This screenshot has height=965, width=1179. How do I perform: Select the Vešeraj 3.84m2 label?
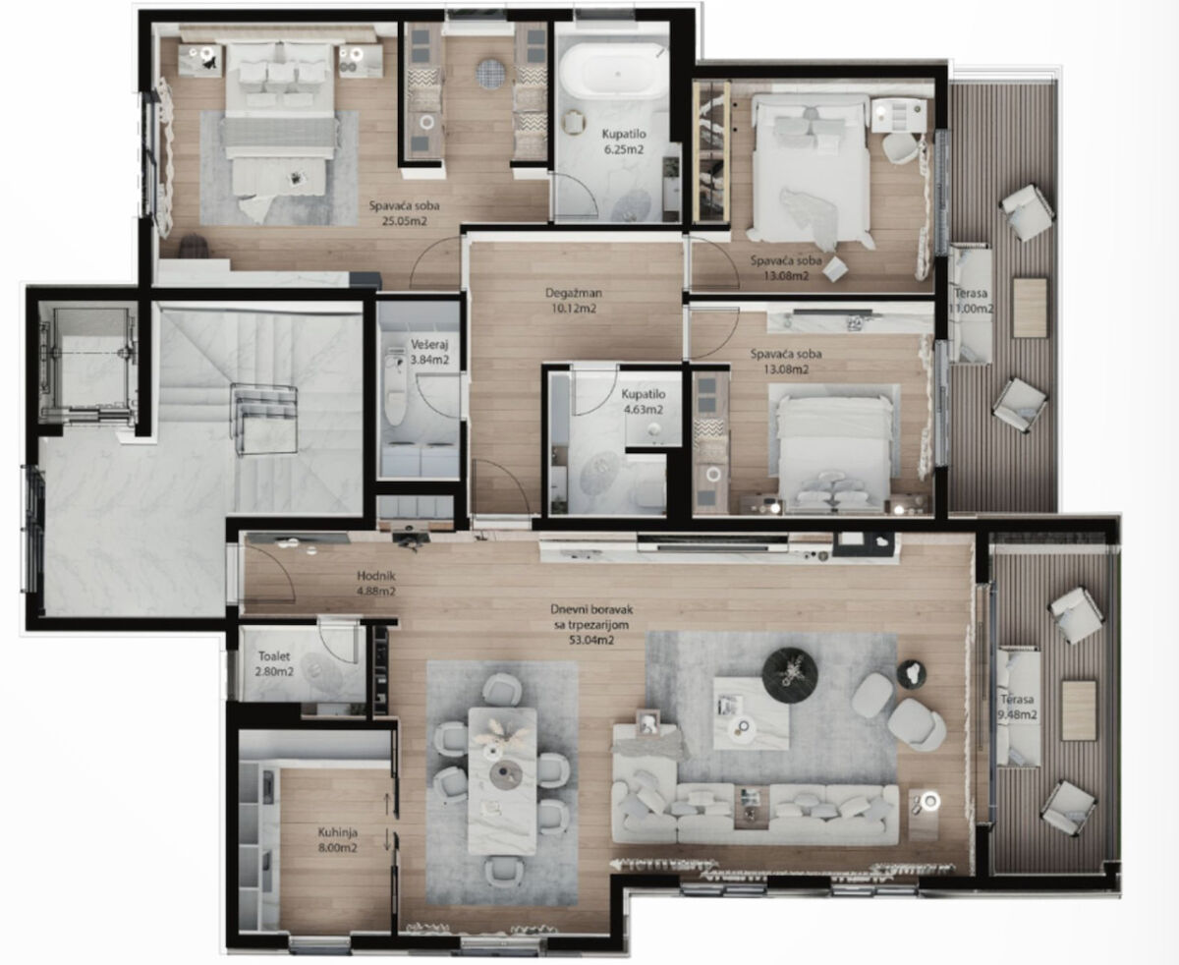(429, 352)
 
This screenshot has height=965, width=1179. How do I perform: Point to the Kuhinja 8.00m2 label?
(338, 840)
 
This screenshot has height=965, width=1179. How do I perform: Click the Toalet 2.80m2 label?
(274, 663)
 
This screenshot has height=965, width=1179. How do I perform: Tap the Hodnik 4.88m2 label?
(376, 583)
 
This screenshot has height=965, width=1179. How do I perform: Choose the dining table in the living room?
(502, 781)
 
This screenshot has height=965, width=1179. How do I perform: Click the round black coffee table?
(790, 675)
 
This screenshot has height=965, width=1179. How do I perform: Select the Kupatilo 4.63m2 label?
(644, 402)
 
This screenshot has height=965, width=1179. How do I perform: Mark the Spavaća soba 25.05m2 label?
(404, 213)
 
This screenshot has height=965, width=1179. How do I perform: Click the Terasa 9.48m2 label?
(1018, 707)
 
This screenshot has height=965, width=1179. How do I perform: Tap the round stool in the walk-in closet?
(491, 74)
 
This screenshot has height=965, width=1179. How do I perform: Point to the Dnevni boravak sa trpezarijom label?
(591, 625)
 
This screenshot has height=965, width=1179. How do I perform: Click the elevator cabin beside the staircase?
(88, 363)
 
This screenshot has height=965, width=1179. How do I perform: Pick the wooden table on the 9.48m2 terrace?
(1079, 710)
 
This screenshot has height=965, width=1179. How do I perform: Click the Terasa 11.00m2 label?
(973, 301)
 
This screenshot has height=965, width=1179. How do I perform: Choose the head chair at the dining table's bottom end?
(503, 871)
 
